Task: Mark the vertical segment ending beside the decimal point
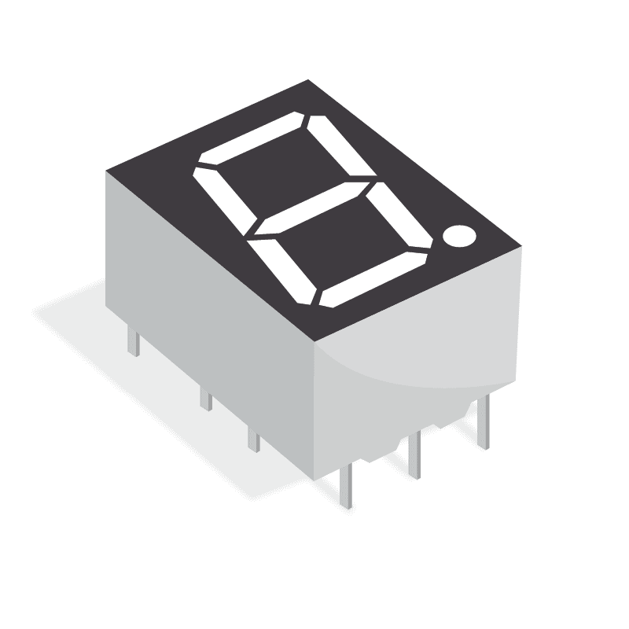[402, 216]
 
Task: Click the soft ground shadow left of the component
[71, 314]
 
